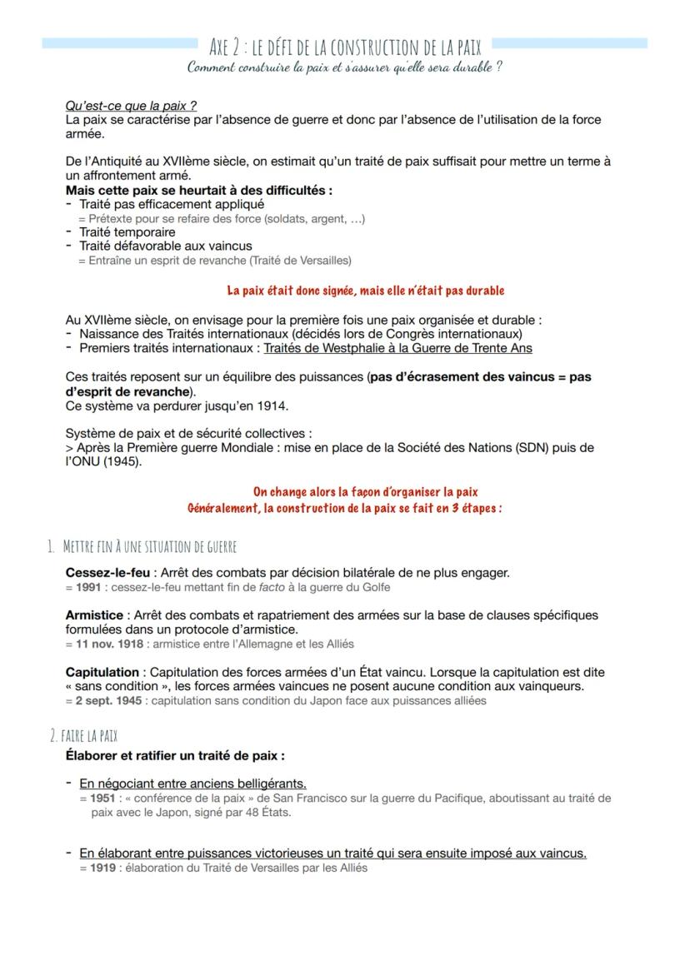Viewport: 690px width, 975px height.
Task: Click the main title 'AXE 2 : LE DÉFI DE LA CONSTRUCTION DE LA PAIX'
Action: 345,46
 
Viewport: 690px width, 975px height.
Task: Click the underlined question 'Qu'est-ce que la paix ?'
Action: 130,107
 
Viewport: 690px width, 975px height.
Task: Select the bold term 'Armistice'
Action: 95,615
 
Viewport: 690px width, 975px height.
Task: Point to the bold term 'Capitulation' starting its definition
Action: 102,672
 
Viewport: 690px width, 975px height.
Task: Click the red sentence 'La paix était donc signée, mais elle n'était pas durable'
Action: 365,291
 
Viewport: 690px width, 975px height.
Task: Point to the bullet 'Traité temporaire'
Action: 127,232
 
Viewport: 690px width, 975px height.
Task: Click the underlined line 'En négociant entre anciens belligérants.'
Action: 192,783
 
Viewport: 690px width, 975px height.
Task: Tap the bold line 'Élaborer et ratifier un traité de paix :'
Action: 175,756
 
